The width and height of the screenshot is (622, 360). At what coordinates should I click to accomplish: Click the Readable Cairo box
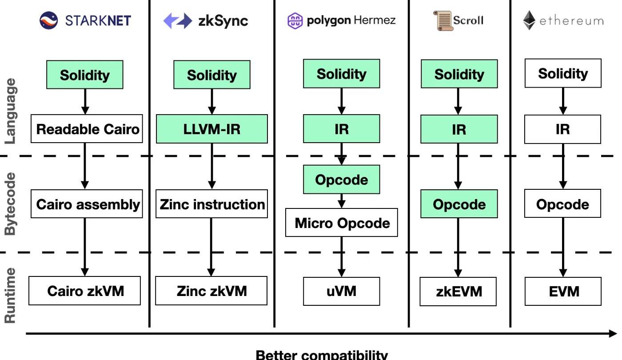pyautogui.click(x=87, y=129)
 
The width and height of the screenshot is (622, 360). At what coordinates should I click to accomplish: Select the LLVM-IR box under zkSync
pyautogui.click(x=211, y=129)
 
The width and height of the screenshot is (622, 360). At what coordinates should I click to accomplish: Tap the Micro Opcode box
pyautogui.click(x=341, y=223)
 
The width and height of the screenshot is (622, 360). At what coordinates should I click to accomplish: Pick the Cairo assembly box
pyautogui.click(x=87, y=204)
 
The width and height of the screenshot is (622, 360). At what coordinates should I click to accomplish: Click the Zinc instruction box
pyautogui.click(x=211, y=204)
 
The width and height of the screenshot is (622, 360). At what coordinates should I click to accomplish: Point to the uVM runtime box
pyautogui.click(x=341, y=291)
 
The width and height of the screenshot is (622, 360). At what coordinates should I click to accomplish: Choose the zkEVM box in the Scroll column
pyautogui.click(x=458, y=292)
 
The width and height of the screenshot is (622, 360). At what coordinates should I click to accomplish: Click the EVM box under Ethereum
pyautogui.click(x=562, y=291)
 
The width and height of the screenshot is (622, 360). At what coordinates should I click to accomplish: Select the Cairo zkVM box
pyautogui.click(x=85, y=291)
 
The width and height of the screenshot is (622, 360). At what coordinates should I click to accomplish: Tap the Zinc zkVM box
pyautogui.click(x=211, y=291)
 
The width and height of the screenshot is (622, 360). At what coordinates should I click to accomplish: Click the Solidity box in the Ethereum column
pyautogui.click(x=562, y=73)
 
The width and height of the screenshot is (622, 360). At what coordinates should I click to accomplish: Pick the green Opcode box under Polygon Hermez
pyautogui.click(x=341, y=180)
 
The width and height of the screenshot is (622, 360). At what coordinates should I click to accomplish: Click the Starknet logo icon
pyautogui.click(x=49, y=20)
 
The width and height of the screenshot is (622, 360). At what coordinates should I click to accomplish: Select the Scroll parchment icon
pyautogui.click(x=443, y=20)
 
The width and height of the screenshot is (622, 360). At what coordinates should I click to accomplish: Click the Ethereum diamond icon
pyautogui.click(x=529, y=20)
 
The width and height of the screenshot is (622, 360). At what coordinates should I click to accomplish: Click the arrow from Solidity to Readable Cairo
pyautogui.click(x=86, y=102)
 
